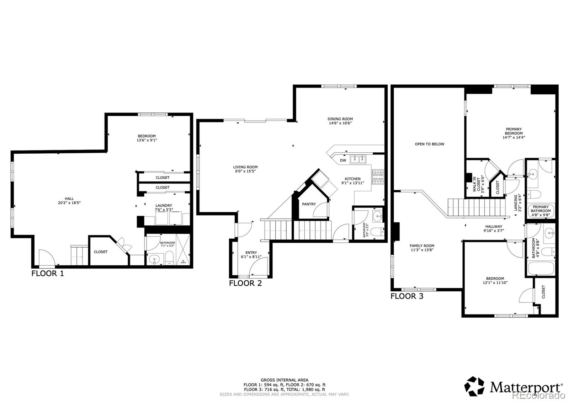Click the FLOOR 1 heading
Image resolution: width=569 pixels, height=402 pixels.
48,274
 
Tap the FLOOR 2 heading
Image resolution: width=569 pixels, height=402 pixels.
245,284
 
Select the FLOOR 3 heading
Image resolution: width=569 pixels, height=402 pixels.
407,296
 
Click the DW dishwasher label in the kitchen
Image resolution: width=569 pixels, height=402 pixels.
343,160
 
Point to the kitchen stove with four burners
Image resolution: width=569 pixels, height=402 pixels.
378,177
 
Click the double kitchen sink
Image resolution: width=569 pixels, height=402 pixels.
358,159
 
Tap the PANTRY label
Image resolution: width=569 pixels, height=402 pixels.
309,204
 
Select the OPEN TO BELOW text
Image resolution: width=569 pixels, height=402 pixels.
429,144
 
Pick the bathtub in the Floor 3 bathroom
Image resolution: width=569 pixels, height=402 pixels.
541,268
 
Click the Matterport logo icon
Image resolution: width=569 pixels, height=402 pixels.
474,386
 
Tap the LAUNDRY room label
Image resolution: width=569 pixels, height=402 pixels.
164,206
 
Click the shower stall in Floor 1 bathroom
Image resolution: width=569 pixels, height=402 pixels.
183,250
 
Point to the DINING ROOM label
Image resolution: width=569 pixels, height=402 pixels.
340,119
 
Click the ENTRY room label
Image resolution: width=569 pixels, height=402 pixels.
251,253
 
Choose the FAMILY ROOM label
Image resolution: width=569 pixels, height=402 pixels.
422,246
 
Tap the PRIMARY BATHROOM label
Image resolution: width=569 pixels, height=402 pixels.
541,209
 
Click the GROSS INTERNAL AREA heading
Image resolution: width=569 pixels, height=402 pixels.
284,380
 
